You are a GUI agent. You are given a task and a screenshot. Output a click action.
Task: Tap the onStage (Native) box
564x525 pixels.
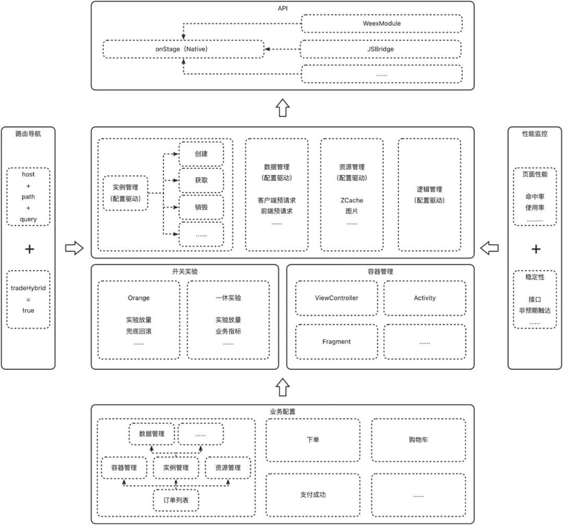(183, 49)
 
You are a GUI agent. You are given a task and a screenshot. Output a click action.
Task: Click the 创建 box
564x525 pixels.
(201, 154)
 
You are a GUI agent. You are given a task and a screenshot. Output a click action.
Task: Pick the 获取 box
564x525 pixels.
(201, 180)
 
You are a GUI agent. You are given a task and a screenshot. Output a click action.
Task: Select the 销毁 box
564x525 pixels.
(201, 206)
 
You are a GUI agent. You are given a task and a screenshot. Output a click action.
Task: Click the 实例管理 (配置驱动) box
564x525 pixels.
(124, 193)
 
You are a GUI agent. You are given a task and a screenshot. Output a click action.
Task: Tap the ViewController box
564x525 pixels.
(336, 298)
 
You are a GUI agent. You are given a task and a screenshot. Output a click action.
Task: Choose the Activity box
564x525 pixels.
(425, 298)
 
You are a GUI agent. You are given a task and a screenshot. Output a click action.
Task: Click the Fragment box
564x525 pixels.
(336, 341)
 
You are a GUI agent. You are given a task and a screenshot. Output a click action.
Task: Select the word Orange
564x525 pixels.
(138, 298)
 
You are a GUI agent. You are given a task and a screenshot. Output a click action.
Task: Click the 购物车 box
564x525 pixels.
(418, 440)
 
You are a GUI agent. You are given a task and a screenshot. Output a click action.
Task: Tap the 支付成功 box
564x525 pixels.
(312, 494)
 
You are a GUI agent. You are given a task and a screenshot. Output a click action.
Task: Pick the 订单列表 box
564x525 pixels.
(176, 500)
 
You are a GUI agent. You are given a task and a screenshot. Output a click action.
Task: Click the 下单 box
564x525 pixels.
(312, 440)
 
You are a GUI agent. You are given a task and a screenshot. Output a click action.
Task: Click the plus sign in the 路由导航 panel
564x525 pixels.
(29, 249)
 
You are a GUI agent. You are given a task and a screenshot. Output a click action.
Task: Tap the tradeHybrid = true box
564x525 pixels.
(29, 299)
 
